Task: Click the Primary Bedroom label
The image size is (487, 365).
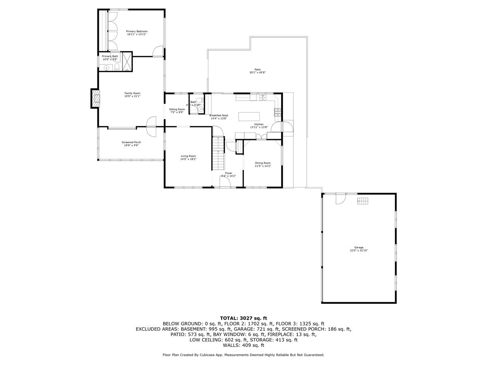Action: pyautogui.click(x=136, y=31)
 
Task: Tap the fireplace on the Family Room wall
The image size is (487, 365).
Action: pyautogui.click(x=95, y=98)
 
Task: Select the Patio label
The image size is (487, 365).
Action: pyautogui.click(x=257, y=70)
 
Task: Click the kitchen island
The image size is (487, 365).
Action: pyautogui.click(x=247, y=116)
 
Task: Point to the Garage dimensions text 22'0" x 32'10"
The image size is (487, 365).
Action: pyautogui.click(x=359, y=251)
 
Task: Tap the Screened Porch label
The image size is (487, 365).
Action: pyautogui.click(x=131, y=142)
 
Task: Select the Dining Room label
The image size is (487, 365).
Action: pyautogui.click(x=263, y=163)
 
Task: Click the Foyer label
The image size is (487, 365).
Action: pyautogui.click(x=228, y=173)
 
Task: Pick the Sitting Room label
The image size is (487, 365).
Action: pyautogui.click(x=177, y=109)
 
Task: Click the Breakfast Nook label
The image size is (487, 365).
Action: pyautogui.click(x=219, y=115)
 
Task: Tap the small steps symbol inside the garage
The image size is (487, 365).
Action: pyautogui.click(x=362, y=201)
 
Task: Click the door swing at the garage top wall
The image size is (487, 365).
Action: pyautogui.click(x=340, y=199)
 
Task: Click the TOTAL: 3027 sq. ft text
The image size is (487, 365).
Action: pyautogui.click(x=243, y=318)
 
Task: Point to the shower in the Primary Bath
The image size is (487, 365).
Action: pyautogui.click(x=127, y=62)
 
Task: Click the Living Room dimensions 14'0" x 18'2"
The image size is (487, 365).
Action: pyautogui.click(x=188, y=159)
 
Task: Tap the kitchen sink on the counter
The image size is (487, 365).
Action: pyautogui.click(x=263, y=97)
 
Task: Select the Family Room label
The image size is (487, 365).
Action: pyautogui.click(x=132, y=93)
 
